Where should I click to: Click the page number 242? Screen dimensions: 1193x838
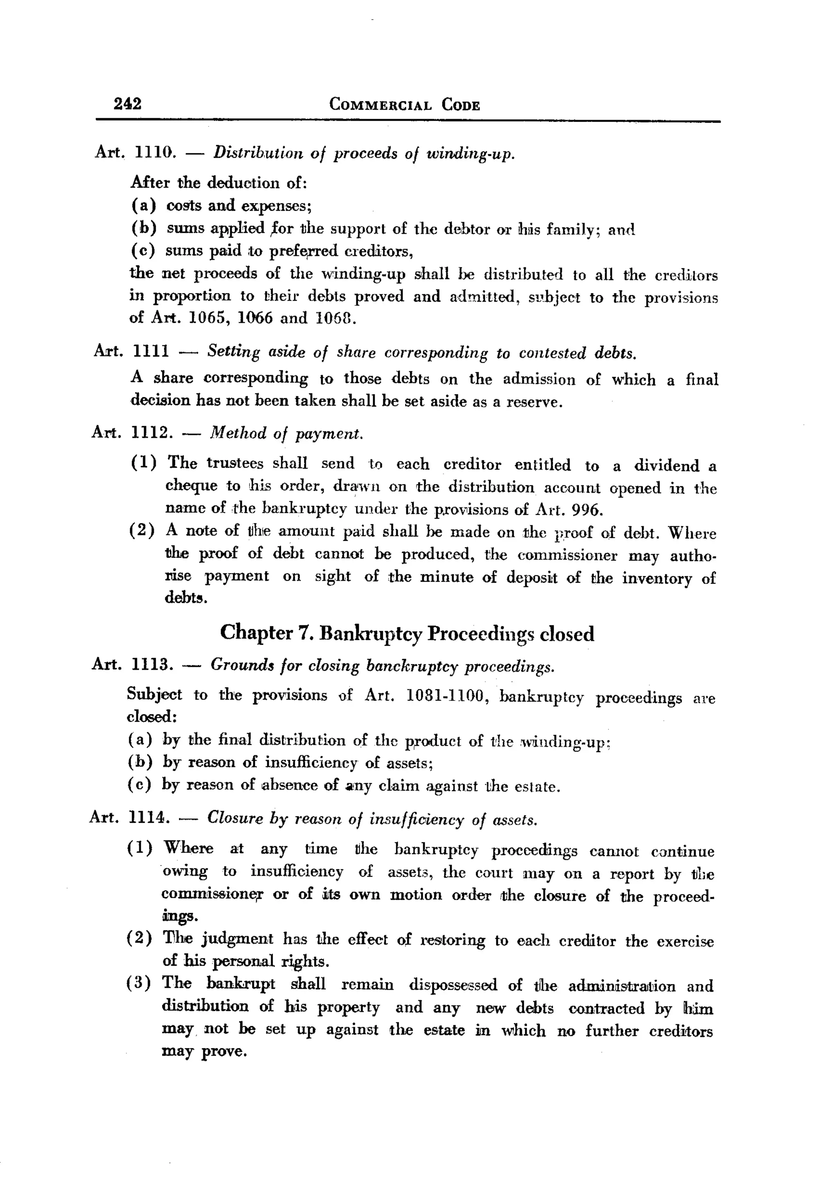[127, 104]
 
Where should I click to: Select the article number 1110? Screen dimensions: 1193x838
[153, 152]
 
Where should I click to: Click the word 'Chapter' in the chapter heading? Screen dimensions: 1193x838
[257, 633]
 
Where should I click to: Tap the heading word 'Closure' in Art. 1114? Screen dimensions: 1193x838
[235, 819]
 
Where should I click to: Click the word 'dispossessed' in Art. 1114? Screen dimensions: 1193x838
[453, 984]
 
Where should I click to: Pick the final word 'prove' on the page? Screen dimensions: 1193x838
[223, 1052]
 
